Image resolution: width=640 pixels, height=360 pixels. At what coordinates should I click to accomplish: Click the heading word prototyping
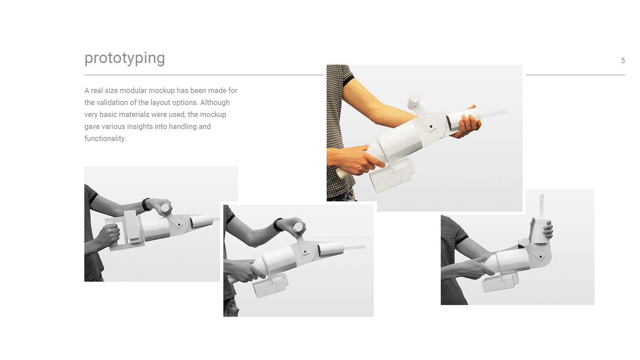pyautogui.click(x=124, y=58)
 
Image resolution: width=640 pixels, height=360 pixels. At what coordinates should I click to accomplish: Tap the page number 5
pyautogui.click(x=623, y=60)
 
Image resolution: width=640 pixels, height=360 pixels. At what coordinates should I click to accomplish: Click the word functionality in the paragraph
pyautogui.click(x=105, y=138)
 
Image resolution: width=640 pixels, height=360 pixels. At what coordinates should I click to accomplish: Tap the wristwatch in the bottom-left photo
pyautogui.click(x=146, y=204)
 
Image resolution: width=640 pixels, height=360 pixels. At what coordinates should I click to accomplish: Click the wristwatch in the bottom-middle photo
pyautogui.click(x=277, y=224)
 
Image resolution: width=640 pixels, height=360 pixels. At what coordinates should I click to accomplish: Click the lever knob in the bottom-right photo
pyautogui.click(x=523, y=243)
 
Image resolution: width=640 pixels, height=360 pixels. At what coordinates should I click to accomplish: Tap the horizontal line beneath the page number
pyautogui.click(x=575, y=75)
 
